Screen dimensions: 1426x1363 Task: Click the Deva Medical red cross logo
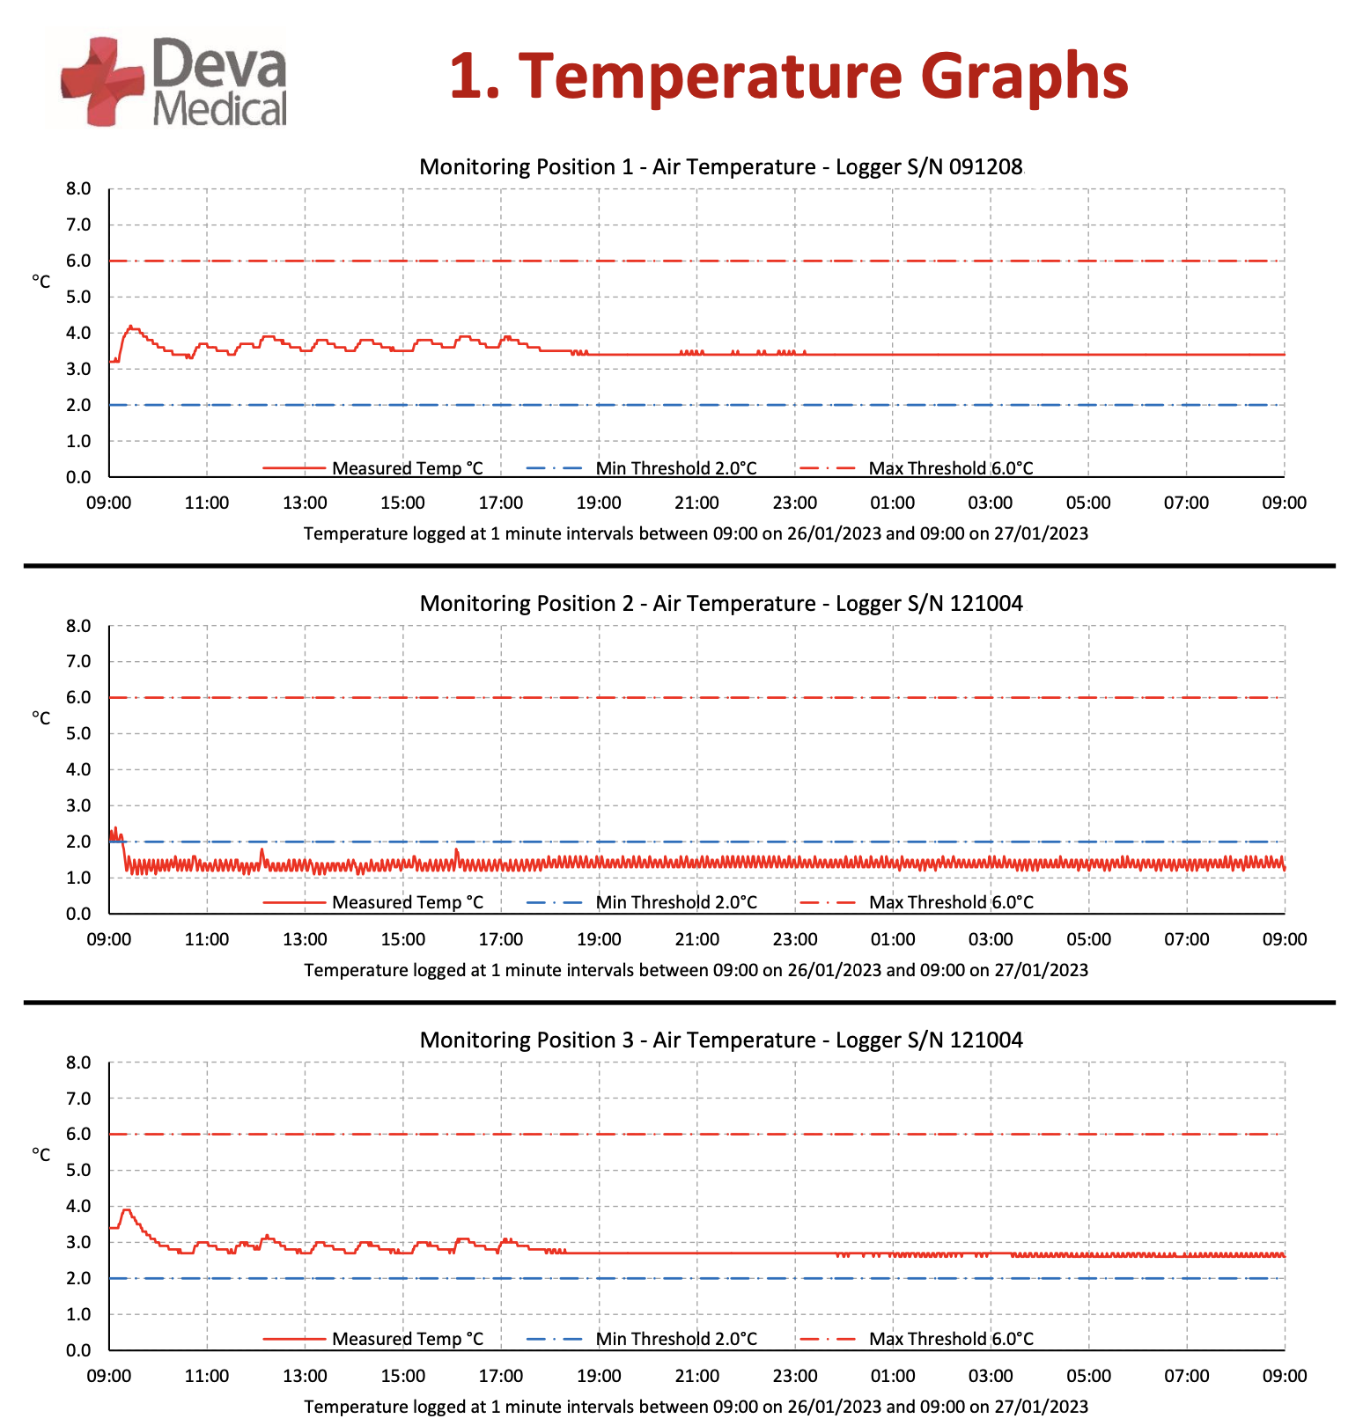click(x=101, y=81)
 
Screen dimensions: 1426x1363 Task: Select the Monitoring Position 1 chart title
click(x=720, y=167)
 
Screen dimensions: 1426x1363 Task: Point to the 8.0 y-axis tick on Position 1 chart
click(x=78, y=188)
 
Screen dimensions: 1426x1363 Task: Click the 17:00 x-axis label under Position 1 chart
click(x=500, y=503)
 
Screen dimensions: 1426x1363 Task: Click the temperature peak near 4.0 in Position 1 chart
click(x=130, y=327)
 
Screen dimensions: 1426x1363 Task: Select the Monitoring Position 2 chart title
click(x=720, y=604)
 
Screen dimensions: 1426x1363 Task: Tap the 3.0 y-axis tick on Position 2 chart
click(x=78, y=805)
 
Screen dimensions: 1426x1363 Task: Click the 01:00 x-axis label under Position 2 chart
click(x=893, y=939)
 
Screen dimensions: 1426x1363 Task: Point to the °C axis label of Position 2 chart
click(x=41, y=718)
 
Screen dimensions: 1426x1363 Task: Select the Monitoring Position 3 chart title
click(x=720, y=1040)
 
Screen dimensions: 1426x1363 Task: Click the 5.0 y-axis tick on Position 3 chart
click(x=78, y=1170)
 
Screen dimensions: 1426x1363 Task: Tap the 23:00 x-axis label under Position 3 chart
click(x=794, y=1376)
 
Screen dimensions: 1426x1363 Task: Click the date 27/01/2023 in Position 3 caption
click(x=1041, y=1407)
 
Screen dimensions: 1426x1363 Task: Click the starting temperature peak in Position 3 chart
click(x=126, y=1210)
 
